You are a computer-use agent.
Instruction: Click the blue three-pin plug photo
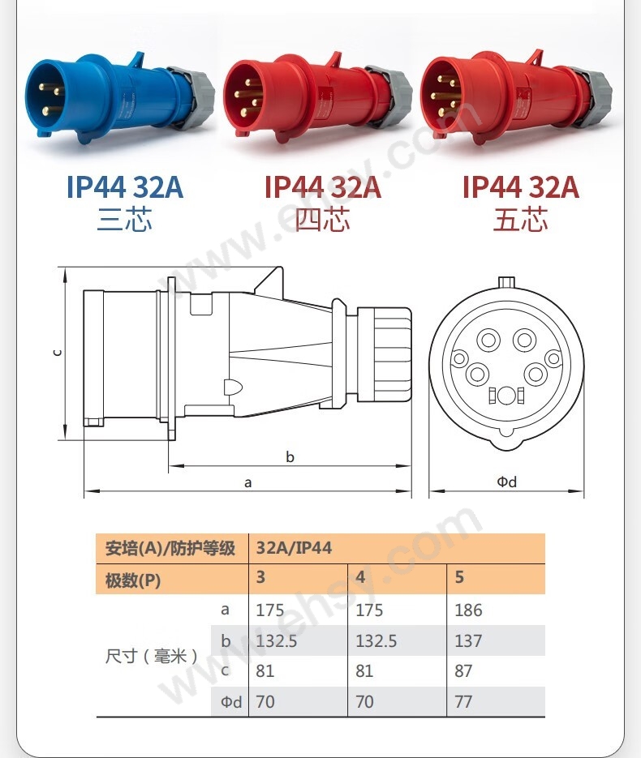119,99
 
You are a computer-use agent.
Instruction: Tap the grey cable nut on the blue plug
193,96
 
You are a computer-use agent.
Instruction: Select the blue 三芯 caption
125,220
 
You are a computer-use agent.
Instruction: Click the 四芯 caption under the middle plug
323,220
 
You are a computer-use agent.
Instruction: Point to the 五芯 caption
521,220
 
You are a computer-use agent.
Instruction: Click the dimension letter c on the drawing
57,353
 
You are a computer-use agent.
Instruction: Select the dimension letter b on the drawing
290,457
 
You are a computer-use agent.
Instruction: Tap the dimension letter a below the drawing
248,482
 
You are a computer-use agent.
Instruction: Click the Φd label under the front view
506,482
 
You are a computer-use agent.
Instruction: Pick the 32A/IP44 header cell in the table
295,548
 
